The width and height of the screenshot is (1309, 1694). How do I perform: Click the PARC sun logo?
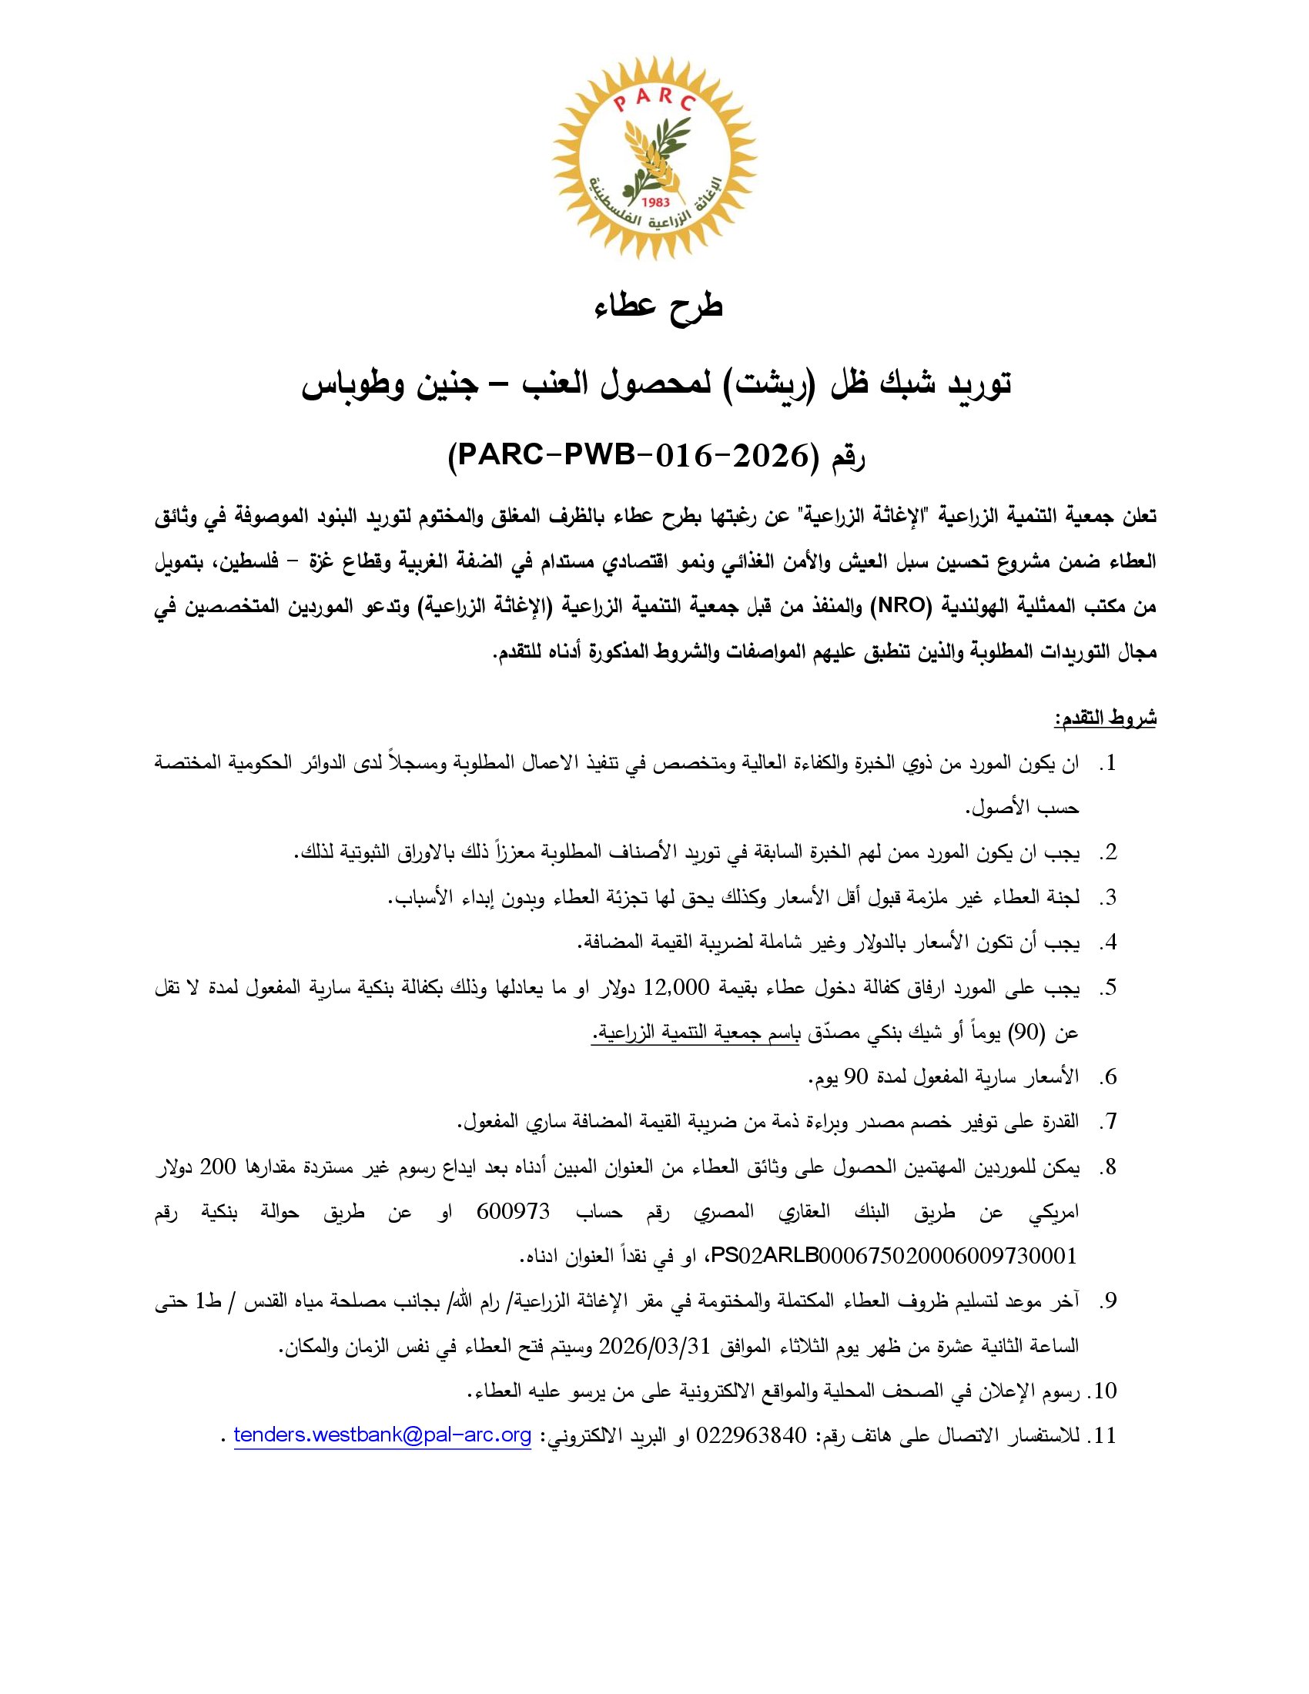654,158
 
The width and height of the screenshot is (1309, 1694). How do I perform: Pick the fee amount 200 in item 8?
218,1167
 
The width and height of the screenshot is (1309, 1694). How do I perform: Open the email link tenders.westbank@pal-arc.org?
383,1436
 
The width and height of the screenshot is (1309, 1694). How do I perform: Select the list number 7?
1110,1123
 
